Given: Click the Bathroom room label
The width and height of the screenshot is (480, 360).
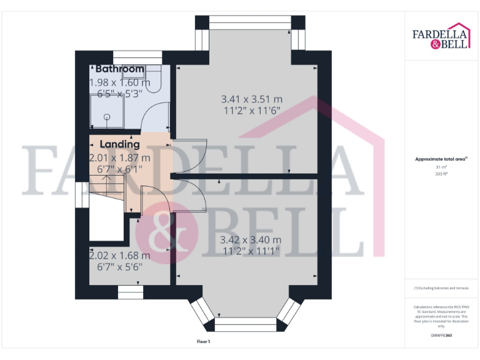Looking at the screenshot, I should pos(119,69).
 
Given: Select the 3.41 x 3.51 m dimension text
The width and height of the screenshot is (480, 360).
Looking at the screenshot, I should pos(252,99).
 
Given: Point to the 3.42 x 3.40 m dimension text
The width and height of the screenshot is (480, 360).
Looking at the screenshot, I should pos(251,239).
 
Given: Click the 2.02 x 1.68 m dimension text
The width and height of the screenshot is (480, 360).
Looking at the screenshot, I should pos(119,255).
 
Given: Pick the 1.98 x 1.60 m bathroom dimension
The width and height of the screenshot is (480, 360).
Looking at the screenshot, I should pos(120,82).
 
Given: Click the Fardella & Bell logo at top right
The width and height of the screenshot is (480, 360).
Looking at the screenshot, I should pos(441,38).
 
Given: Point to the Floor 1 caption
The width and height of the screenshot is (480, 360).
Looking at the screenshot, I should pos(203,342).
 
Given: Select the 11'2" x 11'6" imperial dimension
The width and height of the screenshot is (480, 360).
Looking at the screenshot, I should pos(252,110).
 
